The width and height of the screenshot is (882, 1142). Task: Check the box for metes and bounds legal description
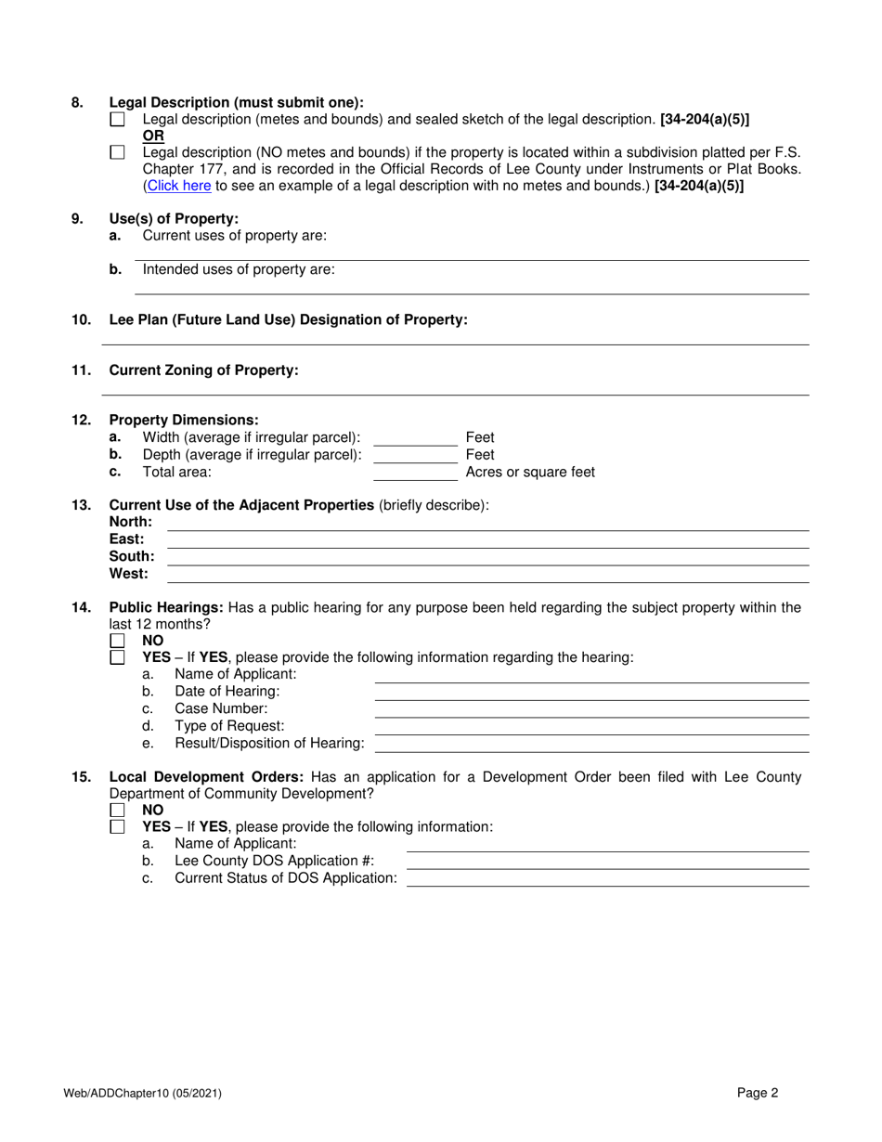click(117, 120)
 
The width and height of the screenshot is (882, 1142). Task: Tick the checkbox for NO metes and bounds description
click(117, 153)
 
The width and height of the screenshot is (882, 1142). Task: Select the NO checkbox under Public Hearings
click(117, 641)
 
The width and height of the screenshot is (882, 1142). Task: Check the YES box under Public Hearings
click(117, 657)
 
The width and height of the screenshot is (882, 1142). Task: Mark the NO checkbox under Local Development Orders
click(117, 810)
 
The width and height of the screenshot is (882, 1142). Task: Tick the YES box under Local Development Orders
click(117, 826)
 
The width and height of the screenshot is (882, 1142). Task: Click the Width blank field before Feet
click(414, 438)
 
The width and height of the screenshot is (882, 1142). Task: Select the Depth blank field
click(414, 455)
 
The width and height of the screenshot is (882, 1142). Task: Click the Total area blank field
click(414, 473)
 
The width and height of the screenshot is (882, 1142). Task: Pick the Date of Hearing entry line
click(590, 693)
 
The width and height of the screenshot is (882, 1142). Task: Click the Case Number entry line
click(590, 709)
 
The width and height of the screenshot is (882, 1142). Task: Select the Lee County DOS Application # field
click(607, 862)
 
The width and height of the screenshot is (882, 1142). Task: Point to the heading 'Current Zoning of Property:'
click(203, 370)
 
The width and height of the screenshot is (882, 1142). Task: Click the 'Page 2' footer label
click(758, 1094)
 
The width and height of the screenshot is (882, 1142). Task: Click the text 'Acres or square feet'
click(530, 472)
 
